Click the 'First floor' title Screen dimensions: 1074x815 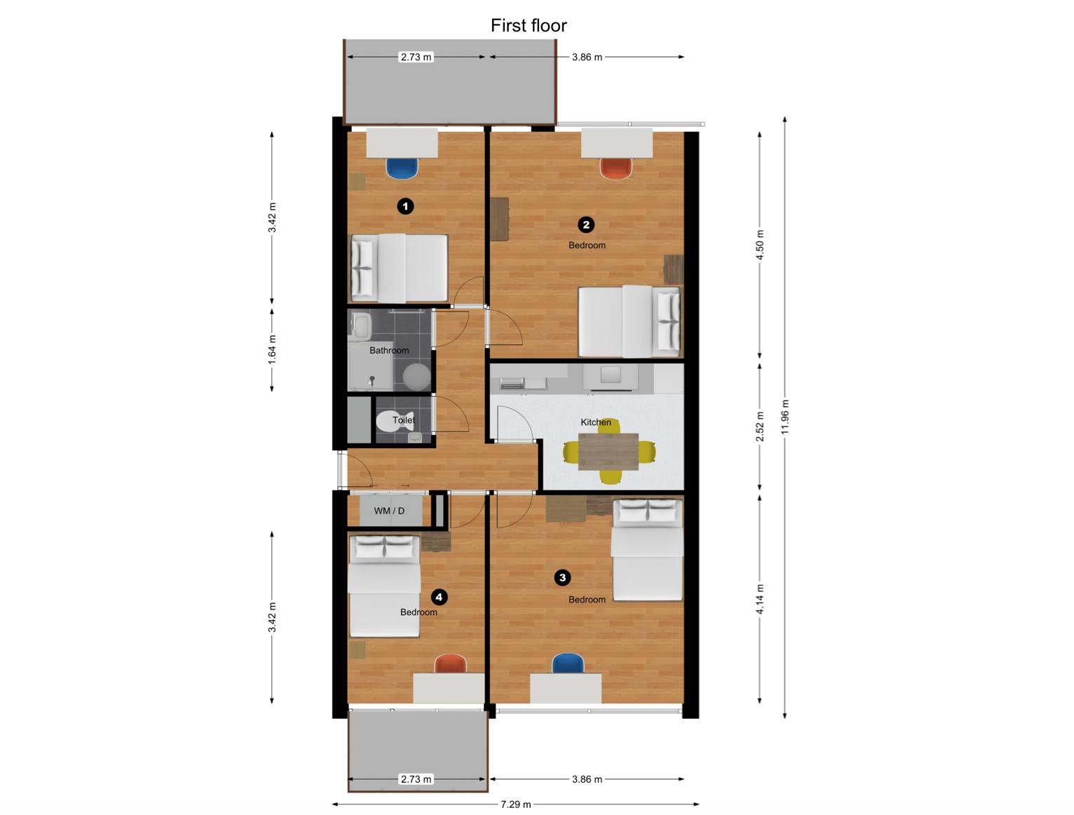[x=529, y=25]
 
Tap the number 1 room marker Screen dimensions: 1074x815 [x=405, y=206]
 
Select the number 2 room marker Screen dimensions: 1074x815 [x=585, y=224]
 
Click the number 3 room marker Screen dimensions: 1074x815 [x=562, y=578]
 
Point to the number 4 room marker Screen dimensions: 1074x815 [x=439, y=597]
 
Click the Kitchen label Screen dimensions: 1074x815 [x=595, y=422]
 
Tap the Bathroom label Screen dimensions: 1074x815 [x=389, y=351]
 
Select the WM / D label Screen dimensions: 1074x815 [x=389, y=511]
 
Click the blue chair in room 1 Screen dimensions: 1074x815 [x=402, y=168]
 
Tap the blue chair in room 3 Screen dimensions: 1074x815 [x=568, y=664]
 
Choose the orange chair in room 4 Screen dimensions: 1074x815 [x=451, y=664]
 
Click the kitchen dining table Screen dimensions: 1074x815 [x=609, y=451]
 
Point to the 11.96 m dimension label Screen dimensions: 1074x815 [x=785, y=417]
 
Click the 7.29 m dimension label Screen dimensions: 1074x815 [x=516, y=804]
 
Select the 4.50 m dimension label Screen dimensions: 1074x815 [x=759, y=245]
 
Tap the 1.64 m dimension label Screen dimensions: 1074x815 [x=272, y=349]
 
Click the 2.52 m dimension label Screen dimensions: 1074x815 [x=759, y=426]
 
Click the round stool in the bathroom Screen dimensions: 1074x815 [x=416, y=377]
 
